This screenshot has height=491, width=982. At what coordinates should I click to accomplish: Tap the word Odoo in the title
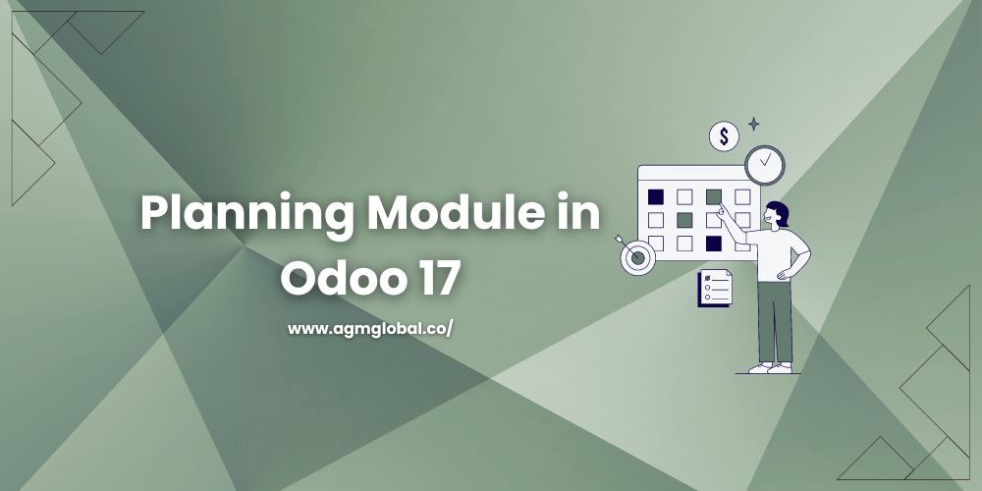click(x=338, y=277)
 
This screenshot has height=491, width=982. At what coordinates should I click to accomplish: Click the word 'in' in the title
click(x=579, y=213)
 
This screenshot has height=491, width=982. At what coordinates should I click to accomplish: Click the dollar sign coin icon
click(x=724, y=136)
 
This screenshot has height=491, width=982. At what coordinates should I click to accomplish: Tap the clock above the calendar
click(x=764, y=164)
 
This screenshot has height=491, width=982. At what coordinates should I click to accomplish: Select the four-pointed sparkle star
click(x=753, y=124)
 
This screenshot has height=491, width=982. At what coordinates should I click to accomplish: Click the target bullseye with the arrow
click(x=636, y=256)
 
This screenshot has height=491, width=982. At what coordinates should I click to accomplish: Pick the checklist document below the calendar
click(x=714, y=289)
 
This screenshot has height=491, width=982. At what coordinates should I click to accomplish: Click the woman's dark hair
click(x=778, y=213)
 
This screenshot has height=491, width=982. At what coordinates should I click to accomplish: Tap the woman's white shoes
click(x=771, y=367)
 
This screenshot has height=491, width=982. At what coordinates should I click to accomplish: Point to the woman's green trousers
click(x=775, y=319)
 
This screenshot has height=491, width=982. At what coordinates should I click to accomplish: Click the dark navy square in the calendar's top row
click(x=656, y=196)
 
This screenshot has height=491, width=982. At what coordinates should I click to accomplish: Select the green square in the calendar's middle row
click(x=684, y=219)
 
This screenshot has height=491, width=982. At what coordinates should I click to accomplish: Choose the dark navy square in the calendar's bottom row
click(x=714, y=242)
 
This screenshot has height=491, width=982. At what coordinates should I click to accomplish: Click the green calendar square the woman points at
click(x=714, y=196)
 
